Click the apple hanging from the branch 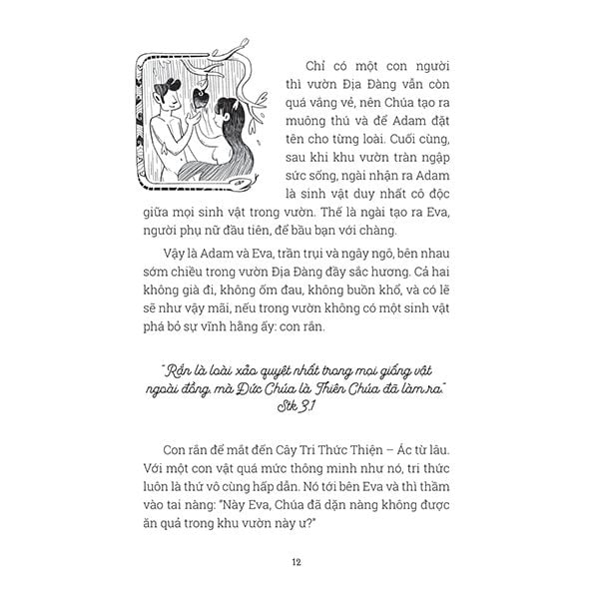pyautogui.click(x=198, y=99)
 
